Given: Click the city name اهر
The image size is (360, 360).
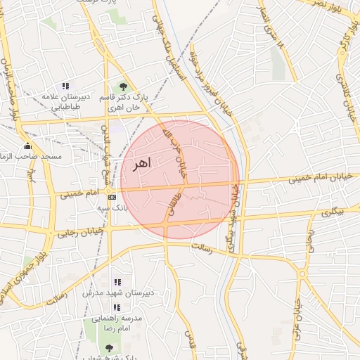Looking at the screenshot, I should point(141,164).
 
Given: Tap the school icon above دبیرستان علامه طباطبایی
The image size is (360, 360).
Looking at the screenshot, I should point(66,86).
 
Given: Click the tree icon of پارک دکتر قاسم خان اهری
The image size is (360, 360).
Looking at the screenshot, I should point(124,86).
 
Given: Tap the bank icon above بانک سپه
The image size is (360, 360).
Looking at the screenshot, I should point(112,198).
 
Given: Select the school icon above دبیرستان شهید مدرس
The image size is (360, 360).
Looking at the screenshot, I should point(117,282).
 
